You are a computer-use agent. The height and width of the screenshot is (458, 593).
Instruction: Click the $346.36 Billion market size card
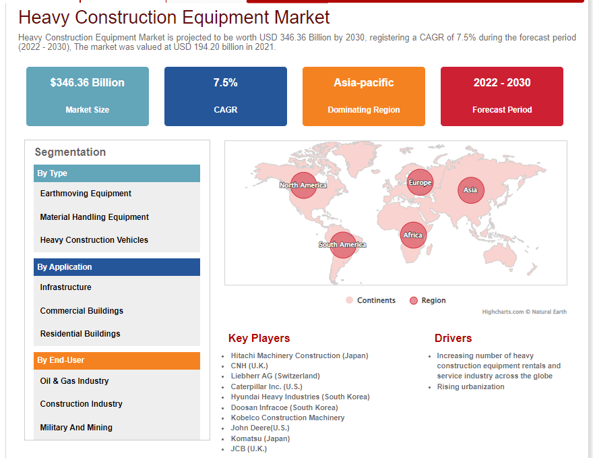click(x=88, y=96)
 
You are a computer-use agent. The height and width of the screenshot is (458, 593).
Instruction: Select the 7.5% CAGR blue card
click(x=225, y=96)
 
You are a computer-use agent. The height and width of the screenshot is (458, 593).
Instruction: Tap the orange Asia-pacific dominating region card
click(x=363, y=96)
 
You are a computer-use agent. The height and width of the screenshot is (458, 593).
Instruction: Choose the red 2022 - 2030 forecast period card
click(x=501, y=96)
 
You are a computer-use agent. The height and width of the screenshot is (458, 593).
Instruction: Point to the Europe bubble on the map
click(x=420, y=183)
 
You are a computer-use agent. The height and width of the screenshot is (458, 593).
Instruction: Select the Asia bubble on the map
click(x=470, y=190)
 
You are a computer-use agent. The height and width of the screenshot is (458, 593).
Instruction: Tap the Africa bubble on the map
click(x=413, y=235)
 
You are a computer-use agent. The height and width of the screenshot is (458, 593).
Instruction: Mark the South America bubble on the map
click(x=342, y=244)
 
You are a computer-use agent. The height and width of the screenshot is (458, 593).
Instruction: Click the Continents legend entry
click(x=371, y=300)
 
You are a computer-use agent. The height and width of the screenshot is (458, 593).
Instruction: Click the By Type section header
click(x=117, y=173)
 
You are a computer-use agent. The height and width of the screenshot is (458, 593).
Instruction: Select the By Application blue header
click(x=117, y=267)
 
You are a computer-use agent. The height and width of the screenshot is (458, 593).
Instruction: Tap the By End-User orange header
click(x=117, y=360)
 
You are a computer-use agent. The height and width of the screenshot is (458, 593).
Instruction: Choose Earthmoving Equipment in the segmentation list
click(x=86, y=194)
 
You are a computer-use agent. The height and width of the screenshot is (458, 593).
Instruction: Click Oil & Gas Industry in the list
click(x=74, y=381)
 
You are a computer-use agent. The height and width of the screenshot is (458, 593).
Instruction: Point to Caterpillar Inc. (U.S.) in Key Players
click(x=267, y=387)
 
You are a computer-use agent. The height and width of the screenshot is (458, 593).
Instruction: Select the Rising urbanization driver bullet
click(x=470, y=387)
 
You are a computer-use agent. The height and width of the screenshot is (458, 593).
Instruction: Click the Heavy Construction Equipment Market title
click(x=174, y=17)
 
